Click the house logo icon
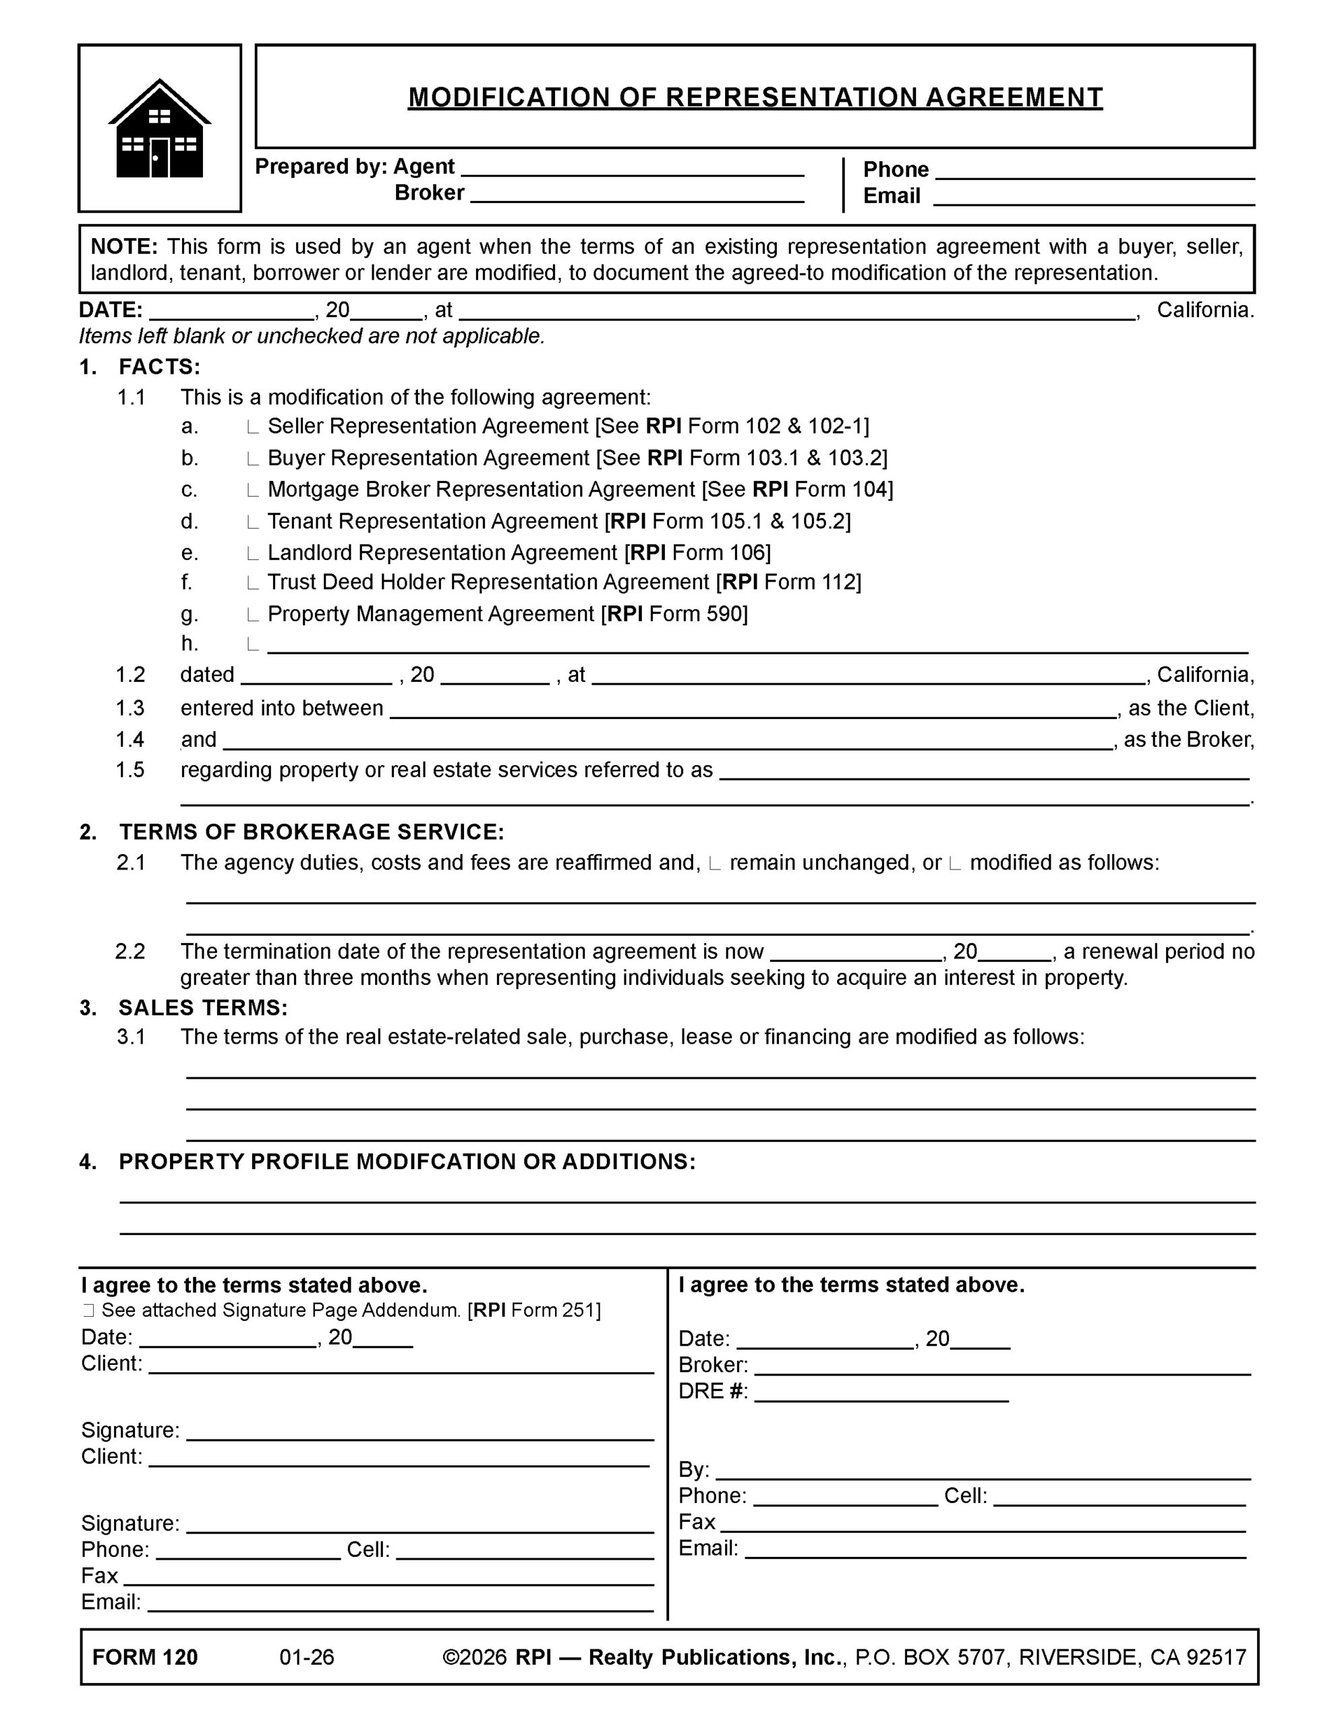pos(160,128)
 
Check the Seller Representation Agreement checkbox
pos(252,428)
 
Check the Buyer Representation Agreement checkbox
pos(252,459)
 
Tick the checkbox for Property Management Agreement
pos(252,615)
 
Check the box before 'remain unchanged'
pos(715,863)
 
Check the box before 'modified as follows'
pos(954,863)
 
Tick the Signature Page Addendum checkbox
pos(88,1311)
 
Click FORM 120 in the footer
pos(145,1658)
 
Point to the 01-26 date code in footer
pos(307,1658)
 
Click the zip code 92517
pos(1215,1658)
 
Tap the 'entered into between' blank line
pos(752,709)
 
